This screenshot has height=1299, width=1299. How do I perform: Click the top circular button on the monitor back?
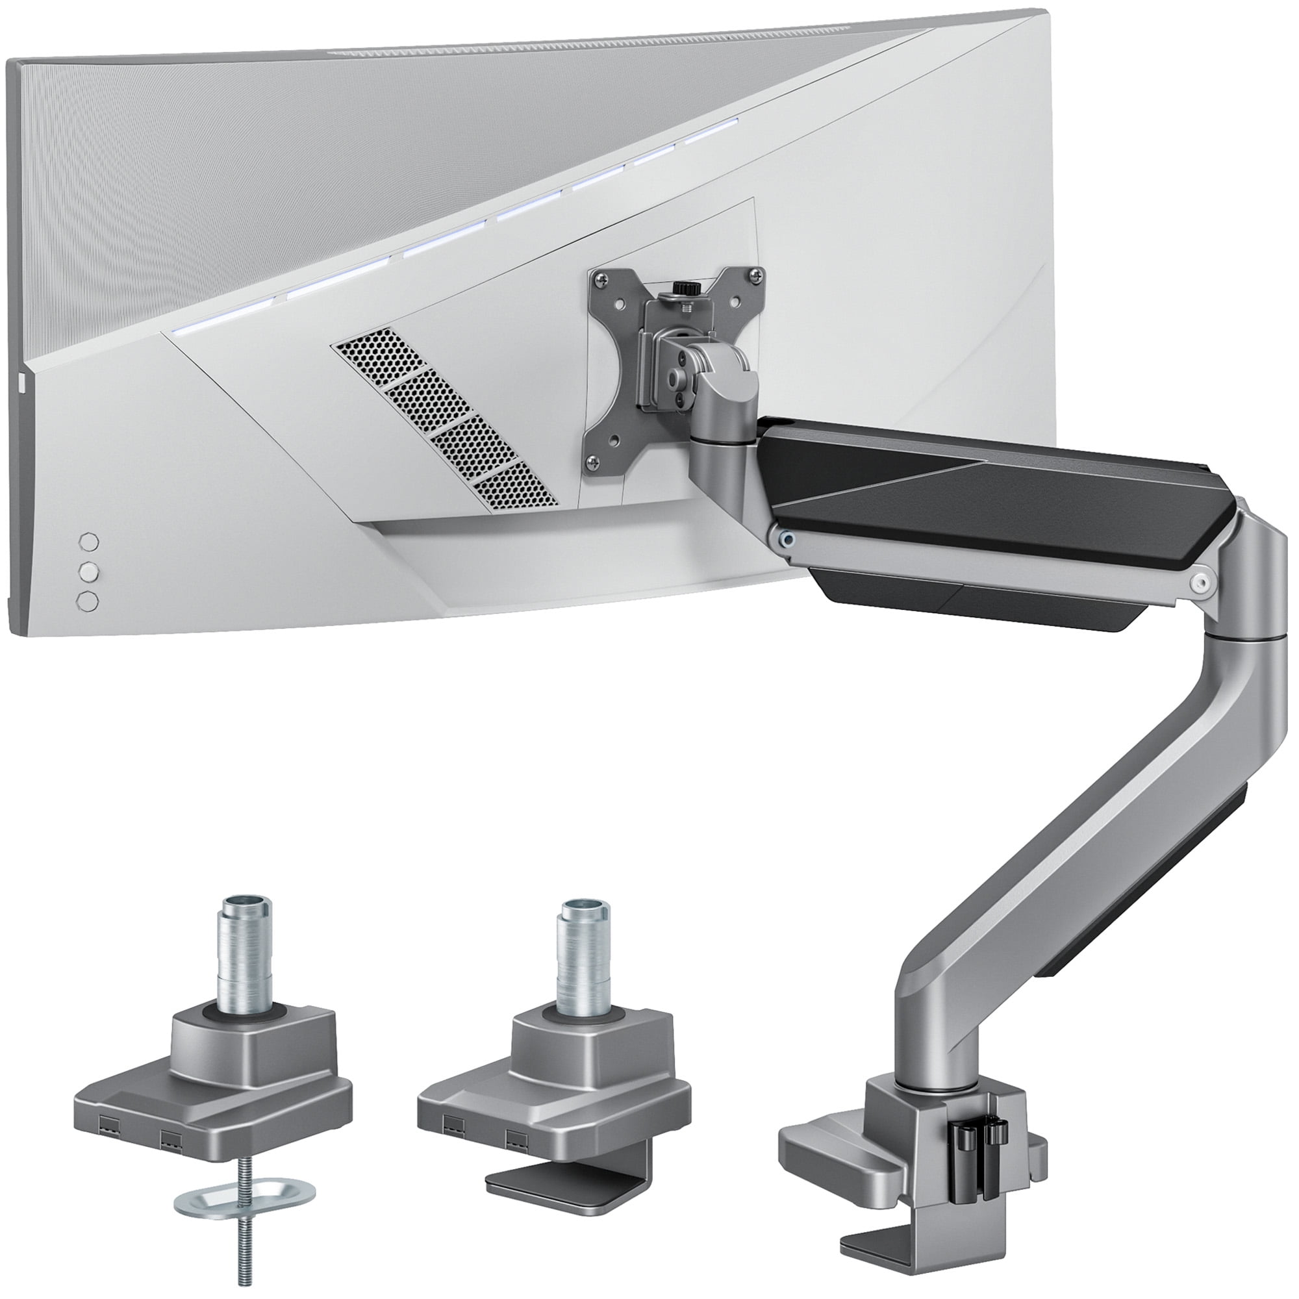[x=89, y=541]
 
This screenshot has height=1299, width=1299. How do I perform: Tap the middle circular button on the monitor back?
[x=89, y=572]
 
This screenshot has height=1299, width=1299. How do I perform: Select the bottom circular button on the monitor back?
[x=88, y=601]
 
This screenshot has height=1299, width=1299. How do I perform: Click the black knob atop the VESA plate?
[x=683, y=288]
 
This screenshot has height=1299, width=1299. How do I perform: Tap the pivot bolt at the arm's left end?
[x=784, y=537]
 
